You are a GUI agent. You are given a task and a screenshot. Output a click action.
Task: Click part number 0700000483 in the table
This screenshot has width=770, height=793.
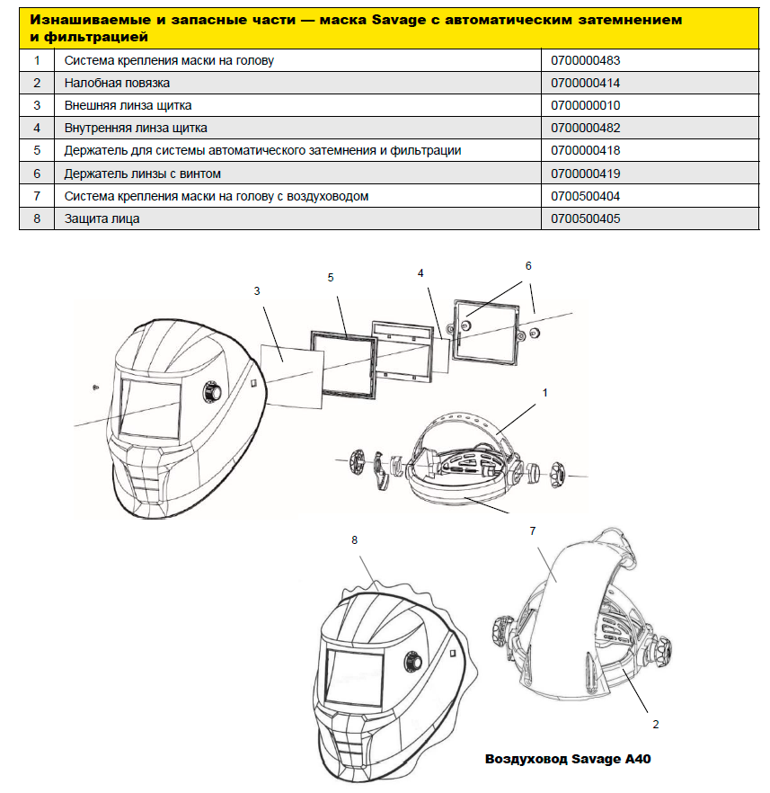tap(585, 61)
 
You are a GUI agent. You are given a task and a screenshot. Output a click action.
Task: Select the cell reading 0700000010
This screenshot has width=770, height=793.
tap(585, 106)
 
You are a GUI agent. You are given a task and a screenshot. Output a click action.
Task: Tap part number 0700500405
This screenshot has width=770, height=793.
tap(585, 219)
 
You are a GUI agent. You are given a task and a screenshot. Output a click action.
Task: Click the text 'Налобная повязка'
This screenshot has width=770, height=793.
tap(117, 83)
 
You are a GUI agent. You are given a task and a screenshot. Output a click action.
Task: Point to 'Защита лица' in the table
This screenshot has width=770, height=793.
tap(102, 219)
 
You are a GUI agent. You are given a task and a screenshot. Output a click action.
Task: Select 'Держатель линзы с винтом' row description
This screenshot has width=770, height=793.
tap(143, 174)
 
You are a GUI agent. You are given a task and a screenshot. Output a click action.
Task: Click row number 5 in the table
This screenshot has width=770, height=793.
tap(37, 151)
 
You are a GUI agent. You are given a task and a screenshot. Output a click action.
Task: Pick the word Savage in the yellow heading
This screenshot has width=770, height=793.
tap(399, 20)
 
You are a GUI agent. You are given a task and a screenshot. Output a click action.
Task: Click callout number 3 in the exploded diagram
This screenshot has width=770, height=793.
tap(257, 291)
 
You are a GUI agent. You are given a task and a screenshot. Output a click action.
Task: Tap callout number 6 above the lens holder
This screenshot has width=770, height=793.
tap(528, 266)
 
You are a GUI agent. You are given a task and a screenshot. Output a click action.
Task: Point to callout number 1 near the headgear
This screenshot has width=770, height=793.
tap(544, 392)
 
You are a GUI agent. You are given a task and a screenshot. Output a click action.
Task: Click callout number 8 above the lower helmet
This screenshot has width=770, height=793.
tap(354, 540)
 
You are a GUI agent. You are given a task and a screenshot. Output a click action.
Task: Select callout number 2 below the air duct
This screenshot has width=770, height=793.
tap(656, 725)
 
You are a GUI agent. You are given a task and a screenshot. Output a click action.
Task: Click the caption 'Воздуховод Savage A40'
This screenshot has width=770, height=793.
tap(568, 759)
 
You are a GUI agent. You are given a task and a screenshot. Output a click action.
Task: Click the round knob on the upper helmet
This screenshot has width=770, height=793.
tap(212, 392)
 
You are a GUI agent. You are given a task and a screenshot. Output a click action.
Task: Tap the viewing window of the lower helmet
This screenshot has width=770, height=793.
tap(354, 677)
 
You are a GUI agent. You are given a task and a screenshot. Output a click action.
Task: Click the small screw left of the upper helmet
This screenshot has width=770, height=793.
tap(95, 388)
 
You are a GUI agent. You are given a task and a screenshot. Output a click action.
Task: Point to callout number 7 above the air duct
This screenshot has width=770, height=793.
tap(533, 531)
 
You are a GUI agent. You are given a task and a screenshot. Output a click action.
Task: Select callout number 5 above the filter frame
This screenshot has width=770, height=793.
tap(331, 278)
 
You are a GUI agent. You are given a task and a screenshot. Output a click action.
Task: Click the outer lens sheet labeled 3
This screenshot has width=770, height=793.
tap(292, 377)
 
